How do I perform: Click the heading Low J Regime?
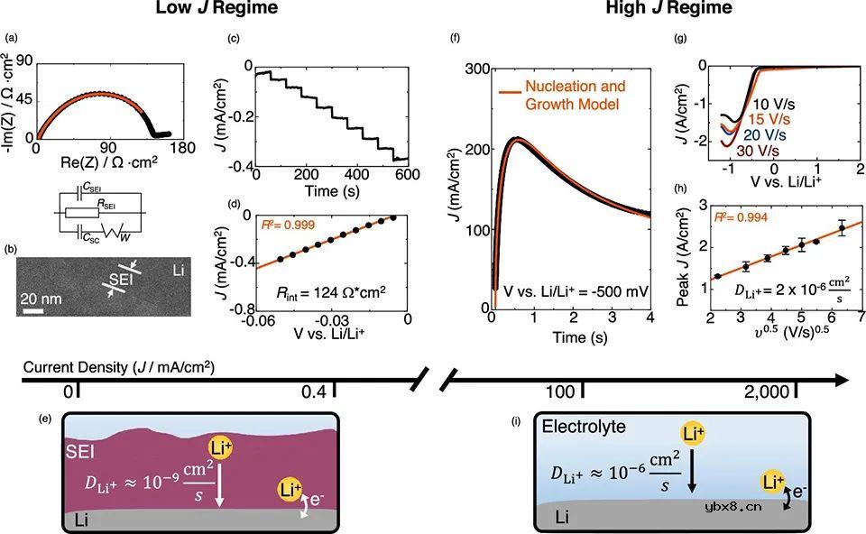pos(215,10)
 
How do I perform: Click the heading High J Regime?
pos(656,10)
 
